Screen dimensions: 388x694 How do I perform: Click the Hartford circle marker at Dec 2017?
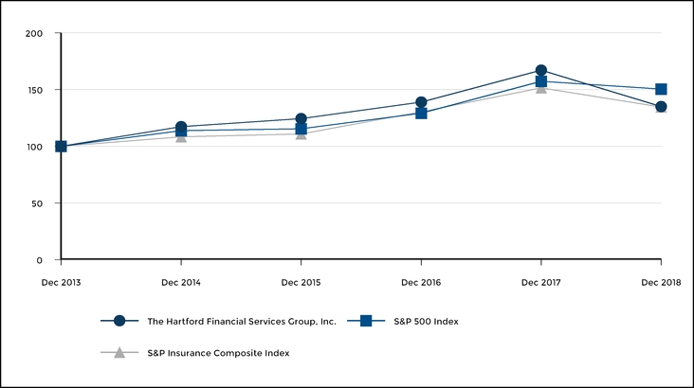click(540, 71)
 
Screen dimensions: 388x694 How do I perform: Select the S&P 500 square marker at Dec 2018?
click(661, 89)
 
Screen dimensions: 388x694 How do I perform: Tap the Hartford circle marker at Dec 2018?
click(661, 107)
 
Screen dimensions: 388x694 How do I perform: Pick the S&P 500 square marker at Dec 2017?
click(540, 81)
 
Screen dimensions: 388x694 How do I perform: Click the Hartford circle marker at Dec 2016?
click(421, 102)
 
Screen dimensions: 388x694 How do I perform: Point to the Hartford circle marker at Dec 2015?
click(301, 119)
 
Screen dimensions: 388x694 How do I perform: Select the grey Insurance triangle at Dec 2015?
click(301, 134)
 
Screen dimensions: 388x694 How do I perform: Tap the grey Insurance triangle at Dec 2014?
click(181, 137)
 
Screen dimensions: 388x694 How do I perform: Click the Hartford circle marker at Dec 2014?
click(181, 127)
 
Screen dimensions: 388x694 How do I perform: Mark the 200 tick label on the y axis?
click(34, 34)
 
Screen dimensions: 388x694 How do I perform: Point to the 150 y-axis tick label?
click(34, 91)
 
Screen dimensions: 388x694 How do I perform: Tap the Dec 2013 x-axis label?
click(61, 282)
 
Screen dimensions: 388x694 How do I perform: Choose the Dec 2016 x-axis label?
click(421, 282)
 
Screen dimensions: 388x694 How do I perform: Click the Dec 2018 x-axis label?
click(661, 282)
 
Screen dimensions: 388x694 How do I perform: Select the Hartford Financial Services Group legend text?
click(242, 322)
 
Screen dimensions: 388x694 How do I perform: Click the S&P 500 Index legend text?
click(426, 322)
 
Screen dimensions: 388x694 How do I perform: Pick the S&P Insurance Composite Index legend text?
click(218, 353)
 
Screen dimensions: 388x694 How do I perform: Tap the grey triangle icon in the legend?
click(119, 353)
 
